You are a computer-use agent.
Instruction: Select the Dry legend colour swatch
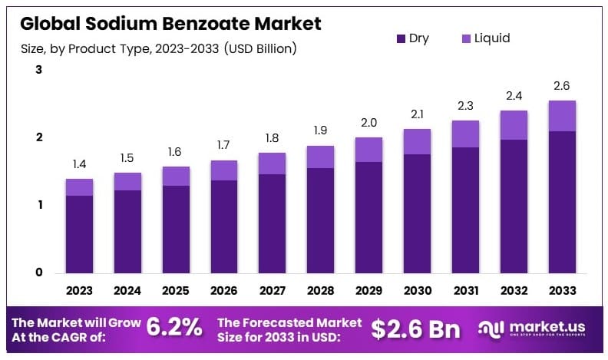[x=401, y=38]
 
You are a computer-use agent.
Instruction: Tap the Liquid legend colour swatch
[x=467, y=38]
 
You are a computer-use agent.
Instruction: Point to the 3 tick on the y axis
[x=38, y=71]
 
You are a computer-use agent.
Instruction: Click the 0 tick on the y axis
[x=38, y=272]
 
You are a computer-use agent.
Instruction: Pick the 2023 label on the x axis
[x=79, y=290]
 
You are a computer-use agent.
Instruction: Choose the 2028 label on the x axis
[x=320, y=290]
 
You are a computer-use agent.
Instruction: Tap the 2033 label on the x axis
[x=561, y=290]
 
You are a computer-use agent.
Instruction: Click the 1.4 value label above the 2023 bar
[x=79, y=165]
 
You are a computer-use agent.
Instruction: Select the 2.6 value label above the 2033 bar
[x=561, y=86]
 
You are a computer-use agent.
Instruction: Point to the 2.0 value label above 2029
[x=368, y=123]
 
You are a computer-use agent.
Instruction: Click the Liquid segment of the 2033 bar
[x=561, y=116]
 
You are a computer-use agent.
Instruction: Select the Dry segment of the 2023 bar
[x=79, y=234]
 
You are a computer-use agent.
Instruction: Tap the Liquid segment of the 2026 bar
[x=223, y=170]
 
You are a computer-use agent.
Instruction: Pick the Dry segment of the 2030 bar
[x=417, y=213]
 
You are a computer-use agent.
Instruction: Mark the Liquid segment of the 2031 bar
[x=465, y=134]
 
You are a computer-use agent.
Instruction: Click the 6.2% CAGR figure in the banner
[x=173, y=328]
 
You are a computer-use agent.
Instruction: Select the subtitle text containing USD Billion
[x=158, y=48]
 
